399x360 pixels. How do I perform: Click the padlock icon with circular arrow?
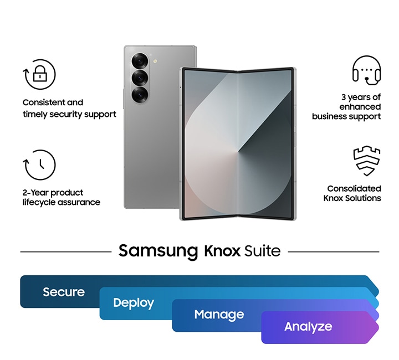coord(39,74)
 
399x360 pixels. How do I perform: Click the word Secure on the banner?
coord(64,292)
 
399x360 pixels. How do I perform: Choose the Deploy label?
coord(134,303)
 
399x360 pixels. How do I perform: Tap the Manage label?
coord(219,315)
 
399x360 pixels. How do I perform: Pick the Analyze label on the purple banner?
coord(308,327)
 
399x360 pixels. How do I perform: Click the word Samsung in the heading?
coord(158,251)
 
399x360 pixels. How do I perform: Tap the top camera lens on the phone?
coord(140,60)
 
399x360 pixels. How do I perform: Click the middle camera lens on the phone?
coord(140,78)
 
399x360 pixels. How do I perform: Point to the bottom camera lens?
coord(140,95)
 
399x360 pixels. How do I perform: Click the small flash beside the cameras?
coord(156,61)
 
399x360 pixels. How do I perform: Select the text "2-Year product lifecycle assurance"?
coord(61,197)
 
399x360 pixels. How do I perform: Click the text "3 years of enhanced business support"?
coord(347,107)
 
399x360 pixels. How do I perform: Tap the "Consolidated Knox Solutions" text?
coord(353,193)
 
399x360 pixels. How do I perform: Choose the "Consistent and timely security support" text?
coord(69,108)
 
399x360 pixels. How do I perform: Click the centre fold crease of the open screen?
coord(238,144)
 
